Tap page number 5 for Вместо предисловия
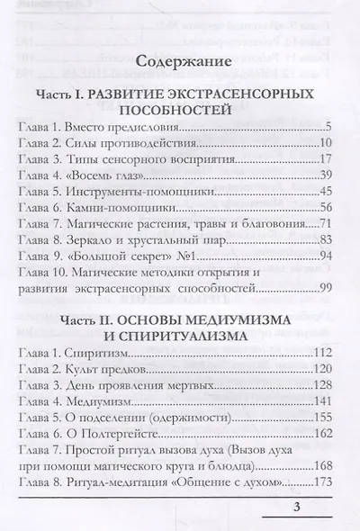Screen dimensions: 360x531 [x=329, y=125]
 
